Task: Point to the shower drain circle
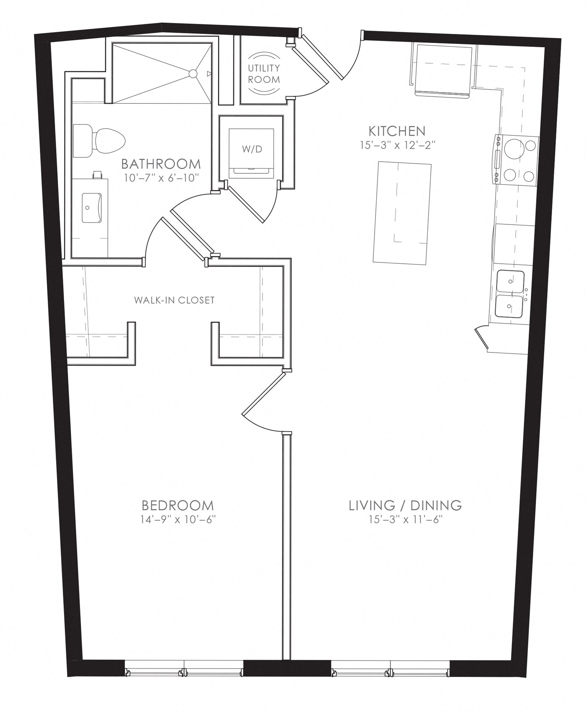point(193,74)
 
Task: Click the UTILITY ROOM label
point(264,73)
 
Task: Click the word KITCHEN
point(397,131)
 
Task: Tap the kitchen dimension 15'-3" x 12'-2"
point(397,145)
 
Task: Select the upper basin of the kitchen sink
point(510,283)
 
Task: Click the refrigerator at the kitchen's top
point(444,69)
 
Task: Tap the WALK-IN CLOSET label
point(174,300)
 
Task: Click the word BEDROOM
point(177,505)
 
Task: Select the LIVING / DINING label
point(405,505)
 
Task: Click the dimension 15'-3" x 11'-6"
point(405,519)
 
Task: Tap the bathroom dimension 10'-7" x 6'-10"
point(161,177)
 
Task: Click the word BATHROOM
point(161,164)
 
